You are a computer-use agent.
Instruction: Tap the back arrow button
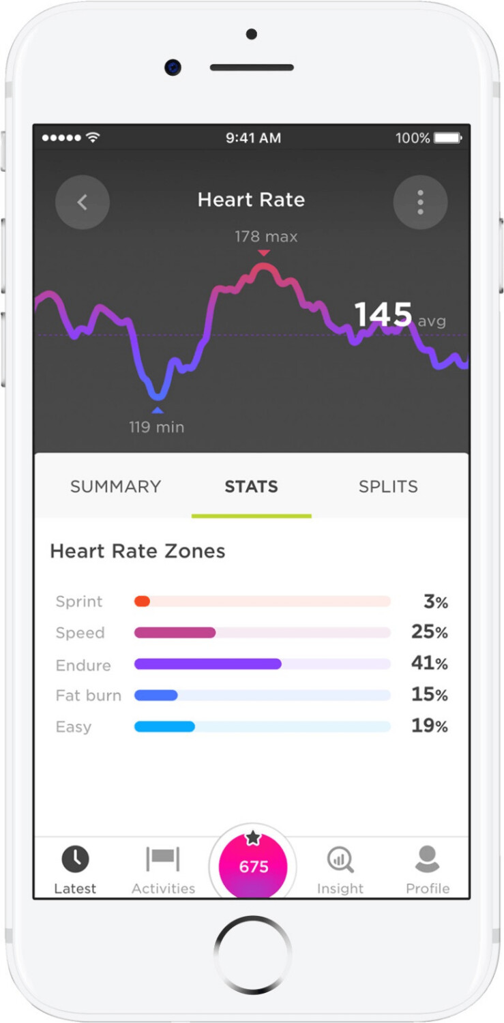(x=83, y=202)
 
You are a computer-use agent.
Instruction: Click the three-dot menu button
(x=420, y=202)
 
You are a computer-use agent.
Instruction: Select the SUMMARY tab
(x=115, y=486)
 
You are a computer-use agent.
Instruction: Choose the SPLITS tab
(x=388, y=486)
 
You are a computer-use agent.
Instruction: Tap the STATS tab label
(x=252, y=486)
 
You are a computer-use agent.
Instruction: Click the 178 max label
(x=266, y=237)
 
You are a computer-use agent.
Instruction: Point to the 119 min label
(x=157, y=428)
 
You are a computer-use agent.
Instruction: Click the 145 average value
(x=383, y=315)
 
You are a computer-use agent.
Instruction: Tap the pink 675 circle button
(x=253, y=867)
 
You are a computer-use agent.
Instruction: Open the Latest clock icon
(x=75, y=859)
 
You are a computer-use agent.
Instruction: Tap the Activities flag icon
(x=163, y=859)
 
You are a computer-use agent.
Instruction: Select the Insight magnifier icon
(x=340, y=859)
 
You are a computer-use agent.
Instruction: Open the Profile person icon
(x=428, y=859)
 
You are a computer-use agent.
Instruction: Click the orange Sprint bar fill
(x=142, y=602)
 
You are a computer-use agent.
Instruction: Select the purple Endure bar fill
(x=207, y=664)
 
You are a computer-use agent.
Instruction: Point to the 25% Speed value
(x=429, y=632)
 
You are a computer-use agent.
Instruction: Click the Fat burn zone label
(x=89, y=696)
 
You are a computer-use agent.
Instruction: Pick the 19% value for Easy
(x=429, y=726)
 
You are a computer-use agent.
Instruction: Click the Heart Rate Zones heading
(x=138, y=551)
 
